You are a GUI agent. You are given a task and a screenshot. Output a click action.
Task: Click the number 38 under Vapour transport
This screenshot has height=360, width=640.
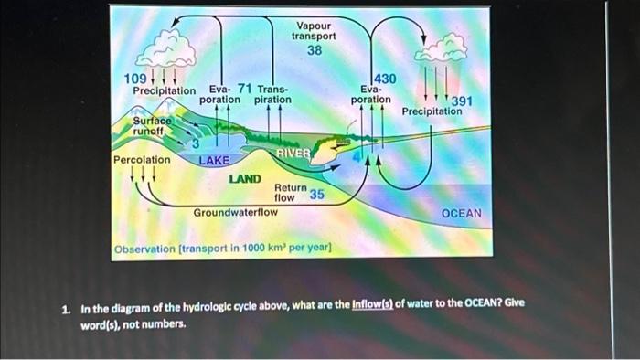pos(314,51)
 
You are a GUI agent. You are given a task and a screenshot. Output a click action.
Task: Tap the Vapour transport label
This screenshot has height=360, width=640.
pos(314,31)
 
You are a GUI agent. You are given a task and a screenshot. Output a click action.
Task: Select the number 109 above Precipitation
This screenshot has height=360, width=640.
pos(134,79)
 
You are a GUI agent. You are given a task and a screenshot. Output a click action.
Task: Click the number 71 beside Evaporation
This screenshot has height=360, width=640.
pos(245,88)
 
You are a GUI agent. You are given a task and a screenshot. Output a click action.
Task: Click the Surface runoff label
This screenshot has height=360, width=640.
pos(152,125)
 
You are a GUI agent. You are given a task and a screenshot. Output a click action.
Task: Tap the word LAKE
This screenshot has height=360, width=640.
pos(215,160)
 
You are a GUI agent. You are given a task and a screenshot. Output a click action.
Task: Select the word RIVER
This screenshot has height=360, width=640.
pos(293,153)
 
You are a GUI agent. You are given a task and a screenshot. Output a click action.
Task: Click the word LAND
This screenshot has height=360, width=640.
pos(245,179)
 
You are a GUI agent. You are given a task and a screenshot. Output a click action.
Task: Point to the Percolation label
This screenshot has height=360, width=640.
pos(141,160)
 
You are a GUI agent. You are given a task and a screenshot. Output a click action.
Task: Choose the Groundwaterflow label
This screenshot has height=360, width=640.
pos(235,212)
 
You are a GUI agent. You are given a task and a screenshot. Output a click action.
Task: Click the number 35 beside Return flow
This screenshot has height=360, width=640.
pos(316,195)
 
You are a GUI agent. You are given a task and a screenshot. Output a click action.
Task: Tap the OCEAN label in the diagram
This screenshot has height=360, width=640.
pos(461,213)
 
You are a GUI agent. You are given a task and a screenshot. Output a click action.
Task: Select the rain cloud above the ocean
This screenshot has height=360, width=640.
pos(440,48)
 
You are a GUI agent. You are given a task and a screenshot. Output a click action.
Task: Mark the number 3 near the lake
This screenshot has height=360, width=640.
pos(194,143)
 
